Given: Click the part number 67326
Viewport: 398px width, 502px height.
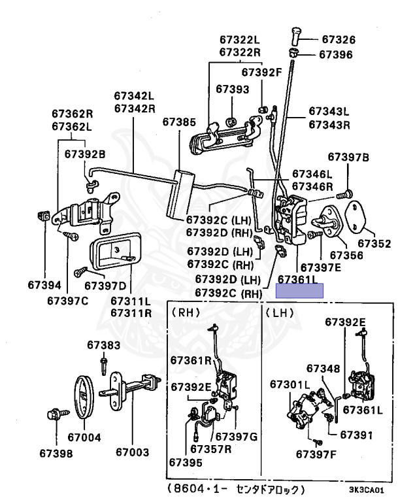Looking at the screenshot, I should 337,40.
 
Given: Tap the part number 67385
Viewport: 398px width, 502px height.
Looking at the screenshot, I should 179,122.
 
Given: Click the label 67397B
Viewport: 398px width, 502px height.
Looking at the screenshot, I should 348,157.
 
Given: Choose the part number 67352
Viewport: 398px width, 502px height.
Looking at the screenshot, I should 376,243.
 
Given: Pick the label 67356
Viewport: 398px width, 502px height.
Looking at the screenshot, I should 346,255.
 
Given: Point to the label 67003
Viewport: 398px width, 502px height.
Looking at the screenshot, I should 132,452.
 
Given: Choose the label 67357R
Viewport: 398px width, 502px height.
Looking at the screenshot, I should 210,449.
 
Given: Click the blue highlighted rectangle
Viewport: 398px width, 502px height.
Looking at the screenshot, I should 300,291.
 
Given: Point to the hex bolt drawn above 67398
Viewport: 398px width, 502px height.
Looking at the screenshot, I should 54,414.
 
